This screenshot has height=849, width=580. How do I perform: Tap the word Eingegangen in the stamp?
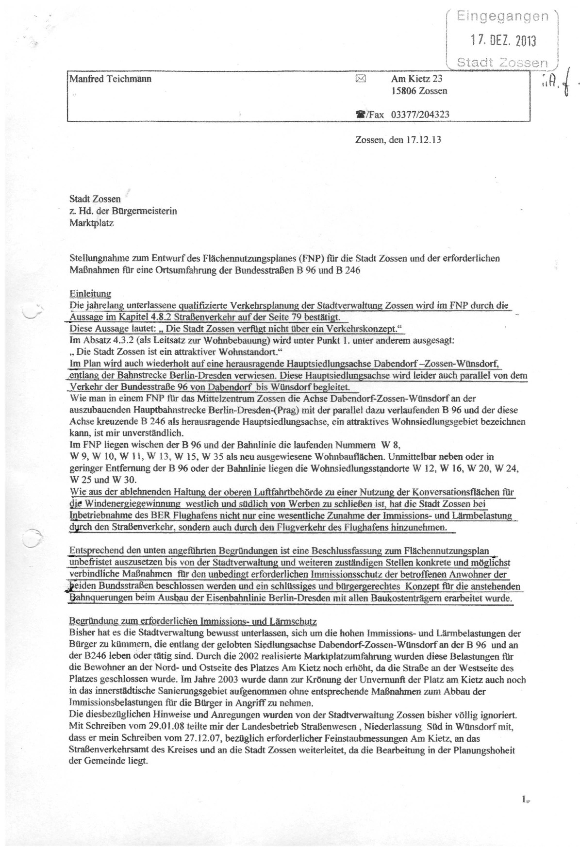(x=503, y=17)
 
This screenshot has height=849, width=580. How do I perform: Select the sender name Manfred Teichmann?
(x=110, y=79)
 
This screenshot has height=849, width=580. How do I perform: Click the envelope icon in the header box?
(x=360, y=78)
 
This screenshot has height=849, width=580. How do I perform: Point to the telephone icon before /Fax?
(x=360, y=115)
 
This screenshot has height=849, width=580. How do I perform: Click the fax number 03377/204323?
(x=420, y=115)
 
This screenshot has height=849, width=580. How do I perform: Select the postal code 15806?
(x=404, y=91)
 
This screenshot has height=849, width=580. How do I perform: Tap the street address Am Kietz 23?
(x=416, y=79)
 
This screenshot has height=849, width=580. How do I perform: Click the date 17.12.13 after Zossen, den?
(x=425, y=140)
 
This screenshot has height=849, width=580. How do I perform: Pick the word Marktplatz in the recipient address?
(x=92, y=224)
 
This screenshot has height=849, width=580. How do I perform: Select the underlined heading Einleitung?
(x=90, y=294)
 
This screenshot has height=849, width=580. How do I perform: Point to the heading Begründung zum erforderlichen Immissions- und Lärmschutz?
(x=193, y=621)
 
